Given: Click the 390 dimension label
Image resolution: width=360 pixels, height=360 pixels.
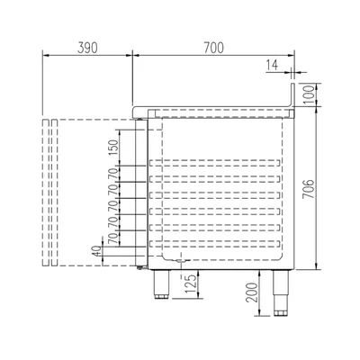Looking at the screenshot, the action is [x=87, y=48].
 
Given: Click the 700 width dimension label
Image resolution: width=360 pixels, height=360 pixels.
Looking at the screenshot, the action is [x=214, y=48].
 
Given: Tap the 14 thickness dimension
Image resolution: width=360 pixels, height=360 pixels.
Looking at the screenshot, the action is [x=272, y=65].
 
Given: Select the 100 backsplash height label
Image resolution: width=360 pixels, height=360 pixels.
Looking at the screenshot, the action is [x=309, y=94].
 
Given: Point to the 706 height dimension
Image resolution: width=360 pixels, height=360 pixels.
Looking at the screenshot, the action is [x=308, y=189].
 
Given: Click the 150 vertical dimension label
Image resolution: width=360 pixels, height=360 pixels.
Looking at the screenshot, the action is [x=113, y=148].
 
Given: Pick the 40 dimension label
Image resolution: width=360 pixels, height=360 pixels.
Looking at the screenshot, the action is [x=97, y=250].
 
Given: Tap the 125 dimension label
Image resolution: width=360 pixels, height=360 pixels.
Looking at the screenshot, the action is [x=191, y=283].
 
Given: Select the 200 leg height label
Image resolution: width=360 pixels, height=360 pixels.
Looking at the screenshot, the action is [x=252, y=292].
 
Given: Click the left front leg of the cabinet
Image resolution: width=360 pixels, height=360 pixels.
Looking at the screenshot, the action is [x=162, y=284].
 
